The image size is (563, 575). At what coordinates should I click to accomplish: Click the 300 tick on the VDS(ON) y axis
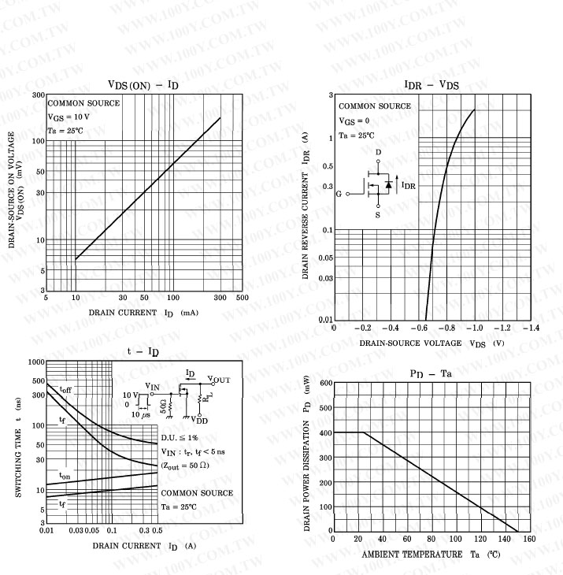point(37,95)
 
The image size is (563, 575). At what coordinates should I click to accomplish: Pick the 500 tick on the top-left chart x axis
point(242,298)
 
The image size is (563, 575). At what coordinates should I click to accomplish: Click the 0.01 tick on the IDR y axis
point(324,319)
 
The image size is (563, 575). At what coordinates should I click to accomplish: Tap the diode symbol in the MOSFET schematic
point(387,184)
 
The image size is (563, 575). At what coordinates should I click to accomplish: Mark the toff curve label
point(67,389)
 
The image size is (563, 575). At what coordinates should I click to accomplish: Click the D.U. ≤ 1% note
point(180,436)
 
